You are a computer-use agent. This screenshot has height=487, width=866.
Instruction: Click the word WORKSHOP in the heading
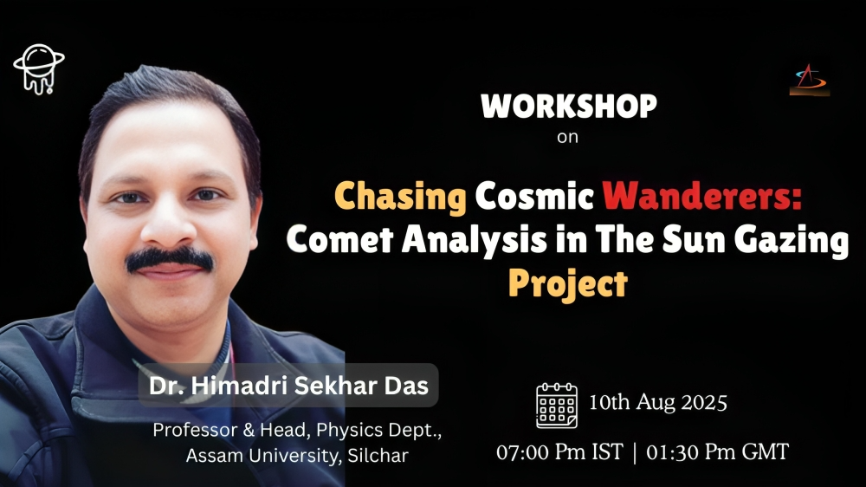click(568, 106)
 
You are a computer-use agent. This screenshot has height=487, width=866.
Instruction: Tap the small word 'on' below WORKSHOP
click(567, 137)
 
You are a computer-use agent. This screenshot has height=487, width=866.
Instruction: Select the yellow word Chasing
click(400, 198)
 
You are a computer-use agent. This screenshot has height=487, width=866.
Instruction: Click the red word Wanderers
click(701, 196)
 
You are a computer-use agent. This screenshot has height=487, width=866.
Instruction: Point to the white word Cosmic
click(534, 196)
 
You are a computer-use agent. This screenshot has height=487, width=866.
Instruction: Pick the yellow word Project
click(568, 284)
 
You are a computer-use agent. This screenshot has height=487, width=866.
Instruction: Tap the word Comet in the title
click(339, 240)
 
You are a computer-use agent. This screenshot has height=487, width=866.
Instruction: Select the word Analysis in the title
click(474, 241)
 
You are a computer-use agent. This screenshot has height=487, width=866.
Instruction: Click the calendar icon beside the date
click(557, 406)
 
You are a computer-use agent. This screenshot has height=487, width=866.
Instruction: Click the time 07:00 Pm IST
click(559, 452)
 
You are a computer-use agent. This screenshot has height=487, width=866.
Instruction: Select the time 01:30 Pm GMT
click(717, 452)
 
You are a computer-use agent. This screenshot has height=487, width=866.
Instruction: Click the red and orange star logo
click(810, 80)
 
